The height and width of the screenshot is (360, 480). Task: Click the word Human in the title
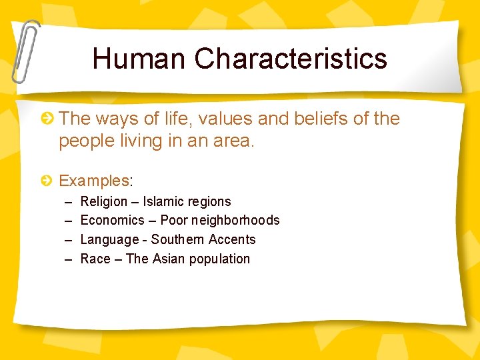tap(139, 59)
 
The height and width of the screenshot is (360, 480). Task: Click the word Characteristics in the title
tap(291, 59)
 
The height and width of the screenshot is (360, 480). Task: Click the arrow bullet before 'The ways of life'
tap(47, 119)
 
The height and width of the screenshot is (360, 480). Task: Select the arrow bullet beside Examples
tap(47, 181)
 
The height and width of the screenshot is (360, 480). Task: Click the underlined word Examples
tap(94, 181)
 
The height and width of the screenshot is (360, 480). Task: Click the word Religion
tap(103, 201)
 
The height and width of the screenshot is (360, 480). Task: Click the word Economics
tap(112, 220)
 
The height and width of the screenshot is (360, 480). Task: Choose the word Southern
tap(177, 239)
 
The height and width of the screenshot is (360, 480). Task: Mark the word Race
tap(95, 259)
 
